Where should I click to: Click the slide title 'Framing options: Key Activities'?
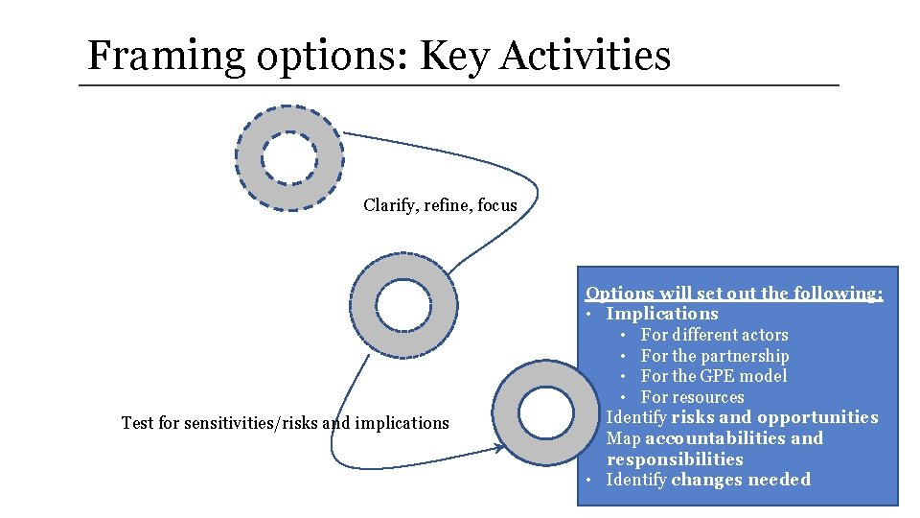coord(379,56)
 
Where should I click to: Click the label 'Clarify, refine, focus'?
coord(440,205)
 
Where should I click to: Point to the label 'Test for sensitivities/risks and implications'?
coord(285,423)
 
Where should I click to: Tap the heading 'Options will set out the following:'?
coord(734,294)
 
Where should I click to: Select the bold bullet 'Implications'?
coord(661,314)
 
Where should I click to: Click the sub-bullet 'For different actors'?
coord(714,335)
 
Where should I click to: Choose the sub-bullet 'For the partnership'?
coord(714,356)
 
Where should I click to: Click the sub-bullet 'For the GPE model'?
coord(713,376)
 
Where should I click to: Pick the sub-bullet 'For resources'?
coord(692,397)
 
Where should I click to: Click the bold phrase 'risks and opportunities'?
coord(774,417)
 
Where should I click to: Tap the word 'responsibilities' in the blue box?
coord(675,459)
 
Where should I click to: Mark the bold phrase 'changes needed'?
coord(741,480)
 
